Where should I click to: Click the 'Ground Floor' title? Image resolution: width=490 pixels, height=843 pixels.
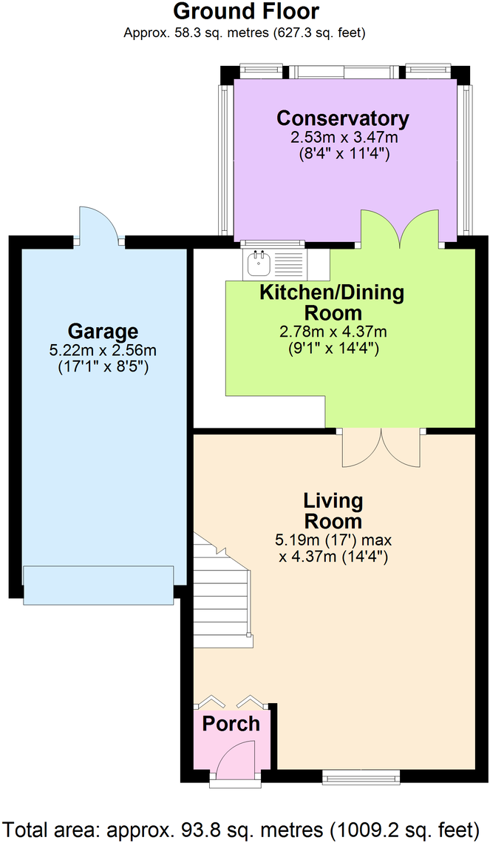[x=246, y=12]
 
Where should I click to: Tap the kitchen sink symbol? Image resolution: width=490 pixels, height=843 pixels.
[x=259, y=260]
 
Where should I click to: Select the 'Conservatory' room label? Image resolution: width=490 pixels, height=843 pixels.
[x=342, y=118]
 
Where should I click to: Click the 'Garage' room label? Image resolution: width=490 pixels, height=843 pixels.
[x=103, y=331]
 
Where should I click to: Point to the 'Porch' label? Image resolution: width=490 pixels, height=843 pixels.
[x=231, y=724]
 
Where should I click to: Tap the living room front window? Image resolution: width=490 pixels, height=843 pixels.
[x=361, y=776]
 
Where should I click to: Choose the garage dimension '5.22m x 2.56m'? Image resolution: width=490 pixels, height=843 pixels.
[x=103, y=350]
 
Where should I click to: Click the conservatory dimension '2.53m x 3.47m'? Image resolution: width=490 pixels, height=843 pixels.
[x=342, y=138]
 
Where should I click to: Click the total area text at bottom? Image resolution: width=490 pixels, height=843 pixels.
[x=245, y=827]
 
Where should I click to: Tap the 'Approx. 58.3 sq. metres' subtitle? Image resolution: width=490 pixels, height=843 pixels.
[x=245, y=33]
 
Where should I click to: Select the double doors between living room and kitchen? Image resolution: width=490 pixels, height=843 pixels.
[x=381, y=447]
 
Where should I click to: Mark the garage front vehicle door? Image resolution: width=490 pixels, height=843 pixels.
[x=98, y=583]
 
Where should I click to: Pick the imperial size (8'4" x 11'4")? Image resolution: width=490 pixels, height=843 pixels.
[x=342, y=154]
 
